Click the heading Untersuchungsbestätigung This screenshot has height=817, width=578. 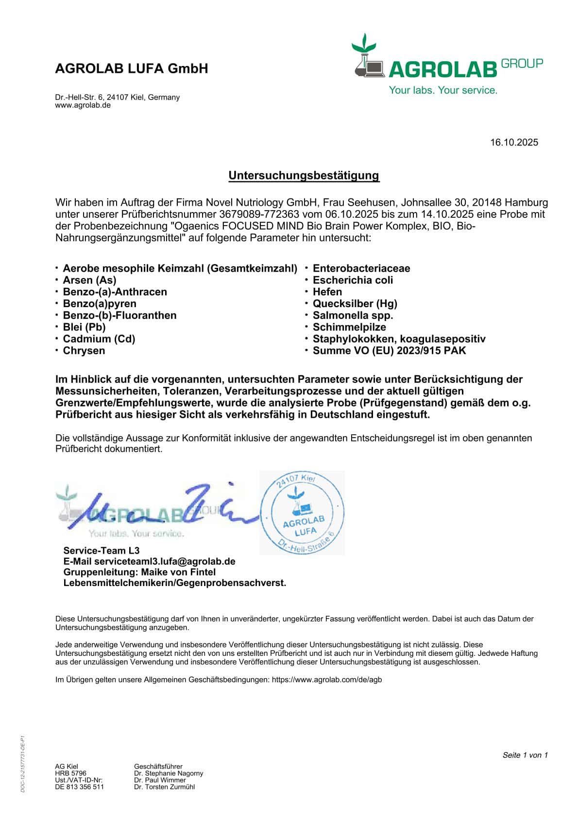pyautogui.click(x=304, y=175)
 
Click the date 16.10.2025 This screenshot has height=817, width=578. pyautogui.click(x=514, y=142)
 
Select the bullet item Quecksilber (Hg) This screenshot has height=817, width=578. pyautogui.click(x=355, y=304)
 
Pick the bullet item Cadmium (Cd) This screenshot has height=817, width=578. pyautogui.click(x=99, y=339)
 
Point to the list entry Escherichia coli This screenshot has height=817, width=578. pyautogui.click(x=353, y=280)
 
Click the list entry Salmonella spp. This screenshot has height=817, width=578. pyautogui.click(x=353, y=315)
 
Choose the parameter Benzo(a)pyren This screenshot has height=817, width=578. pyautogui.click(x=100, y=304)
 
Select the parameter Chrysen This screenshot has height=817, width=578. pyautogui.click(x=84, y=350)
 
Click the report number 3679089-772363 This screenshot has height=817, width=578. pyautogui.click(x=259, y=214)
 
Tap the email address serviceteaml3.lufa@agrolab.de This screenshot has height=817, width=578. pyautogui.click(x=165, y=561)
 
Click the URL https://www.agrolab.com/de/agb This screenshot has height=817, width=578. pyautogui.click(x=327, y=680)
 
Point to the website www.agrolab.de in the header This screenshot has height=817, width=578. pyautogui.click(x=83, y=105)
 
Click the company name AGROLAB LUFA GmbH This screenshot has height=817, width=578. pyautogui.click(x=132, y=68)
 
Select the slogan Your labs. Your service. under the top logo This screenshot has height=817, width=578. pyautogui.click(x=443, y=90)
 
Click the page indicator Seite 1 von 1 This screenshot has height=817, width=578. pyautogui.click(x=525, y=755)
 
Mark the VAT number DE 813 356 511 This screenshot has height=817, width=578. pyautogui.click(x=79, y=787)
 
